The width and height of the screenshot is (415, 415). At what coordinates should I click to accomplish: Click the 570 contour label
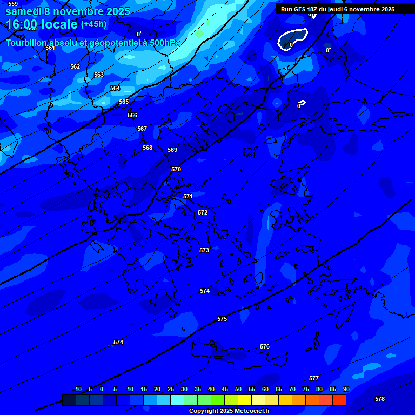tap(176, 169)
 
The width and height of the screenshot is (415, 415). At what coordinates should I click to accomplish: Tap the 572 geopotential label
tap(203, 212)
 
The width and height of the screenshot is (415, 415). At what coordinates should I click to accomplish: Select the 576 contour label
tap(265, 346)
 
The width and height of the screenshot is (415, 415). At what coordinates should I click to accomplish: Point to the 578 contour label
tap(380, 399)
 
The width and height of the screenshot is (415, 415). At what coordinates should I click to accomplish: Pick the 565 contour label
tap(124, 102)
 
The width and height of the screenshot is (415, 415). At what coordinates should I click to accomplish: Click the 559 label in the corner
tap(13, 4)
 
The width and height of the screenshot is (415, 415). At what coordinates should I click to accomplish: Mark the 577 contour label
tap(314, 378)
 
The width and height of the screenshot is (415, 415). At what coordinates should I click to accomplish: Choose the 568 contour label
tap(148, 148)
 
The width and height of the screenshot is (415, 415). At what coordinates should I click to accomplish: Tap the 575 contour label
tap(222, 319)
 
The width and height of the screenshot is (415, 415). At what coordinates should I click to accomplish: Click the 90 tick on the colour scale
tap(346, 389)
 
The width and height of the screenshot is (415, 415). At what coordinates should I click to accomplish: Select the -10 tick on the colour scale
tap(77, 389)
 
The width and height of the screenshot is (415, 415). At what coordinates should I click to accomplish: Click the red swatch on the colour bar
tap(339, 400)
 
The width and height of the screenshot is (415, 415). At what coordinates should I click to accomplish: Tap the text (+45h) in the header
tap(94, 24)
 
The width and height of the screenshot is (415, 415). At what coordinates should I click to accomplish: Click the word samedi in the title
tap(25, 11)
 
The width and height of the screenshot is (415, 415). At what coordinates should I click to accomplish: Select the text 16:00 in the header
tap(21, 24)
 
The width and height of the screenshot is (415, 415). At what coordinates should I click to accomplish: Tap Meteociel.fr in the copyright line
tap(249, 411)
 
